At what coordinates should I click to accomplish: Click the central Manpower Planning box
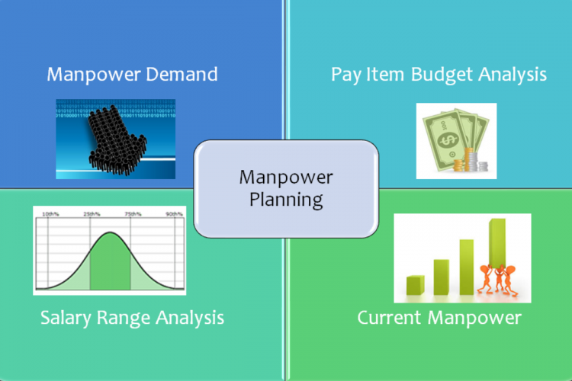[x=285, y=188]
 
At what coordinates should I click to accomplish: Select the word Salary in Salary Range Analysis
[x=66, y=316]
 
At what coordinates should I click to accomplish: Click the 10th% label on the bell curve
[x=50, y=215]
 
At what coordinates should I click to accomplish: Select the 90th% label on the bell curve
[x=174, y=215]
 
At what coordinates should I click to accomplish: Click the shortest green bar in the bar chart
[x=415, y=285]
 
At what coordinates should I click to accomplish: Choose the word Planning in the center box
[x=285, y=200]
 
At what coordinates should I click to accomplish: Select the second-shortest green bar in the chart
[x=442, y=277]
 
